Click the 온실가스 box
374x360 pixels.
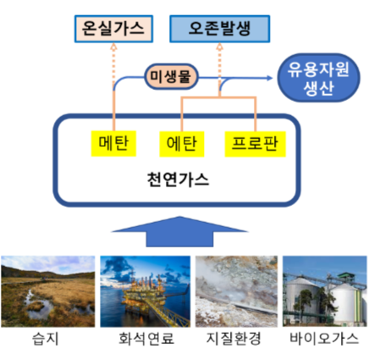[x=113, y=29]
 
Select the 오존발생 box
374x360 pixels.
[x=220, y=29]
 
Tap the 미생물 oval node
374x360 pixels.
[x=171, y=76]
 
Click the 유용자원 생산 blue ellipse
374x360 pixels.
[x=319, y=78]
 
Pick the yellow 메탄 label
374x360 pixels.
[x=113, y=143]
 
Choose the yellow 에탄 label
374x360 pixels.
[x=182, y=144]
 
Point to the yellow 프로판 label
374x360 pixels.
[x=255, y=144]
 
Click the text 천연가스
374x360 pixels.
[x=178, y=180]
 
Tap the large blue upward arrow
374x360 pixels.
[x=179, y=231]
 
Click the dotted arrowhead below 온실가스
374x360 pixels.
[x=113, y=47]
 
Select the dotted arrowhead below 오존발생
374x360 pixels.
[x=220, y=47]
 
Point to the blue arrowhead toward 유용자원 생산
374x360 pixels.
[x=269, y=78]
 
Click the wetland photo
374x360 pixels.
[x=48, y=291]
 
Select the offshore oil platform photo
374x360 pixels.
[x=146, y=291]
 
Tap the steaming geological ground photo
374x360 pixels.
[x=236, y=291]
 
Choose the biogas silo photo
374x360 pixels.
[x=325, y=291]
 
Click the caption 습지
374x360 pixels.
[x=46, y=339]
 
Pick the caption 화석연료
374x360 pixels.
[x=146, y=339]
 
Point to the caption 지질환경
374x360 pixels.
[x=234, y=339]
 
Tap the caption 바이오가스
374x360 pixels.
[x=324, y=339]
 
